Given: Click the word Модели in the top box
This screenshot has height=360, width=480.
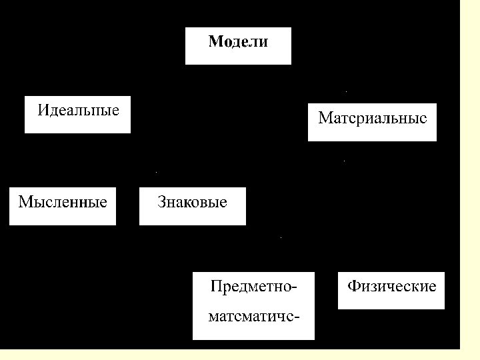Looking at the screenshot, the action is coord(238,42).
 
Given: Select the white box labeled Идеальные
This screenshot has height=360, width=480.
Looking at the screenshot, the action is coord(77,114).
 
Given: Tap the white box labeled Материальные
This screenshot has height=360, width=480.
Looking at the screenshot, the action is coord(372,122).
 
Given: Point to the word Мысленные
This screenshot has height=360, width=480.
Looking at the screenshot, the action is coord(63,201).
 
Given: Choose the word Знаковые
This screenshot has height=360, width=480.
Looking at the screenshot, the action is coord(192,201).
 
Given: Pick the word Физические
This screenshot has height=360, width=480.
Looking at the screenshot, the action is coord(391,287).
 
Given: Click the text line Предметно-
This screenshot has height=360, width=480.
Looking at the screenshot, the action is coord(253,287).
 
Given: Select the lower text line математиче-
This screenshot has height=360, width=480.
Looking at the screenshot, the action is coord(253,315).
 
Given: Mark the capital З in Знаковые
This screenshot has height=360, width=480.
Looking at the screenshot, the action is coord(162,201).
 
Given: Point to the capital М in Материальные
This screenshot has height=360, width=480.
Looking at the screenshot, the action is coord(325,119).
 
